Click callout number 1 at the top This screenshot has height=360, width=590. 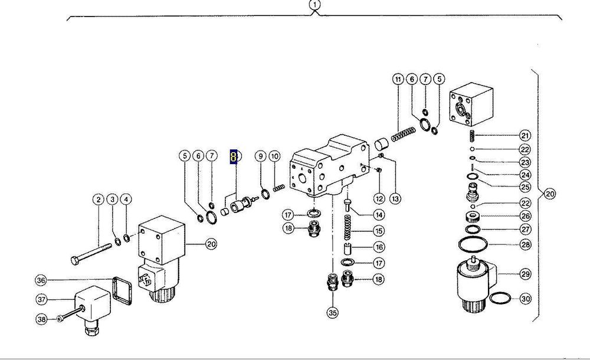[315, 5]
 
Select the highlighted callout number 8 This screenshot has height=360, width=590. [234, 156]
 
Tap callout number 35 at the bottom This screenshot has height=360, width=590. [333, 312]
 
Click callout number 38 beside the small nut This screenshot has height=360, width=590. [41, 319]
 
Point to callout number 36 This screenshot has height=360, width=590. [41, 280]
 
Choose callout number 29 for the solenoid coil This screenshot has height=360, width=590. [525, 274]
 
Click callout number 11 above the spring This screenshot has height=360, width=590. [398, 79]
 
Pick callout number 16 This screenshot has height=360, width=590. [379, 247]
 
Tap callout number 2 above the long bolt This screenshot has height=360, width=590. [98, 199]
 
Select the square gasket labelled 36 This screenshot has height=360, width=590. [122, 290]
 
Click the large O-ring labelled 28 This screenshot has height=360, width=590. [473, 245]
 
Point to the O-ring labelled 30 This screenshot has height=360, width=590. [500, 298]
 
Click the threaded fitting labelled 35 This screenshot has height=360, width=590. [331, 283]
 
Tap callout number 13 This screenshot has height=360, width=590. [395, 198]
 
